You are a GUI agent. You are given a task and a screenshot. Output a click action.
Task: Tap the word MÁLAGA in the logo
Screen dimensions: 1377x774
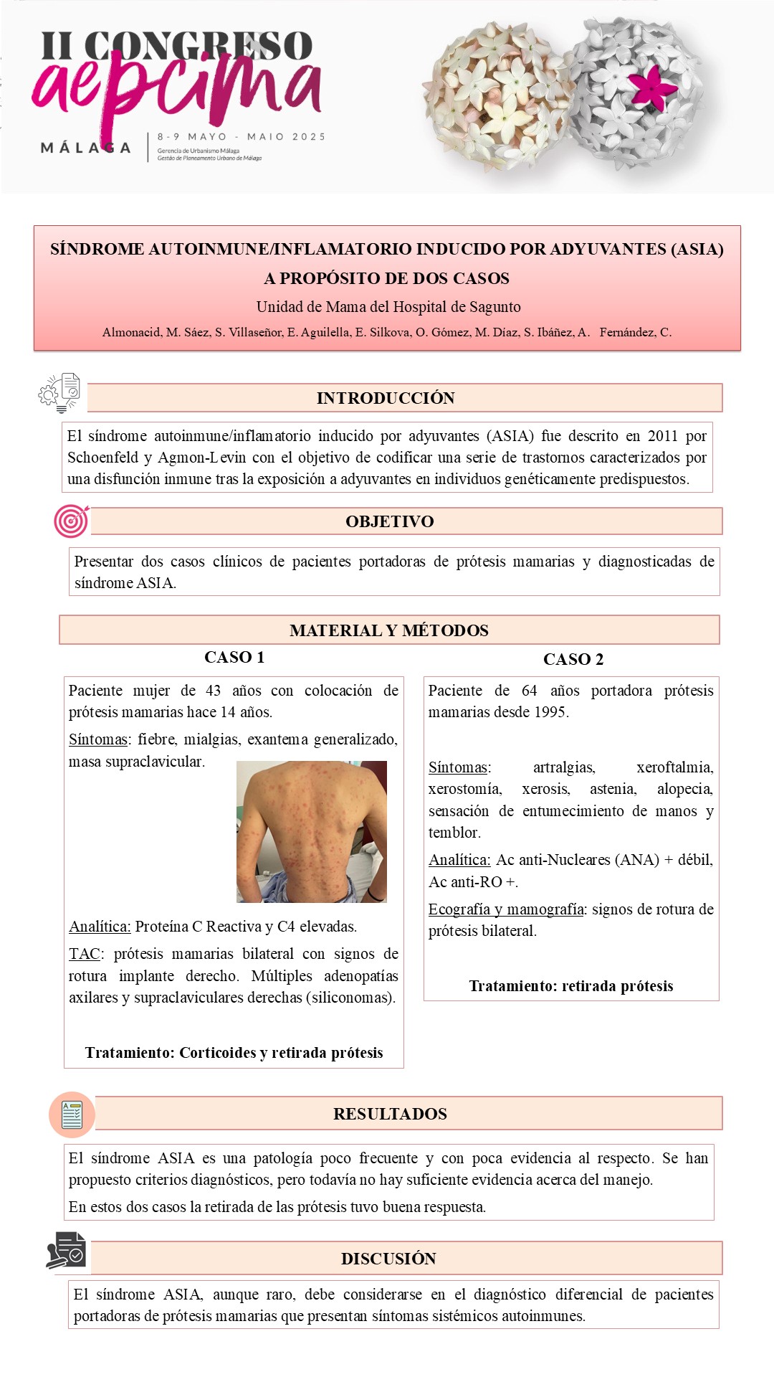[x=86, y=148]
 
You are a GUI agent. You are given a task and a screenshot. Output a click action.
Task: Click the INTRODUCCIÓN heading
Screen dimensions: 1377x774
[x=386, y=398]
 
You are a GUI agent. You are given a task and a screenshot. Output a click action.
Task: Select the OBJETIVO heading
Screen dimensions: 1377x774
[x=389, y=521]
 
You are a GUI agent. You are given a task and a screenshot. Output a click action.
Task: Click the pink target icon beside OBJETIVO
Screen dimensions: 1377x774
[x=71, y=521]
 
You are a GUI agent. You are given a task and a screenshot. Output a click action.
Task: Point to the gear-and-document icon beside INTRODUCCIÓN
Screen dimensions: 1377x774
[x=60, y=393]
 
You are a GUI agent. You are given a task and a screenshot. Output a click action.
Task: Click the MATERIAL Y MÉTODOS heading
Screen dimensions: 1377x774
[x=388, y=630]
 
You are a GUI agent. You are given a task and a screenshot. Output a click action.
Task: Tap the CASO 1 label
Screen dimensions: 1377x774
[x=234, y=657]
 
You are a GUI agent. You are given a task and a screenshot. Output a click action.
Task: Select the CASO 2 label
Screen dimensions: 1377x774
[x=573, y=659]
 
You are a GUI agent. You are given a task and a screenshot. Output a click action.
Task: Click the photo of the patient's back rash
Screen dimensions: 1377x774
[x=311, y=831]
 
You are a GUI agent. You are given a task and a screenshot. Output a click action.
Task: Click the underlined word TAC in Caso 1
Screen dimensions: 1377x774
[x=85, y=954]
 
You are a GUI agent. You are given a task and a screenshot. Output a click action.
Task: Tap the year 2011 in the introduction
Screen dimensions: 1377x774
[x=662, y=436]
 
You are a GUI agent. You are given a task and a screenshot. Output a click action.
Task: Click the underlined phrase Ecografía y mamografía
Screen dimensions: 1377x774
[x=506, y=909]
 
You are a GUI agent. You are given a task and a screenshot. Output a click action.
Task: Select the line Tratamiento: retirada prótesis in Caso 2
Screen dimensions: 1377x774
[x=571, y=986]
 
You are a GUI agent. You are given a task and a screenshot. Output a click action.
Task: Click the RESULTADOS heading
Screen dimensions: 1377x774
[x=390, y=1114]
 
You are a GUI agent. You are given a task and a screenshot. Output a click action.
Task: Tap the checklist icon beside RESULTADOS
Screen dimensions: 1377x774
[x=72, y=1115]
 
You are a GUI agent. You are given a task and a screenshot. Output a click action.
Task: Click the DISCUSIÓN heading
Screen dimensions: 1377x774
[x=388, y=1259]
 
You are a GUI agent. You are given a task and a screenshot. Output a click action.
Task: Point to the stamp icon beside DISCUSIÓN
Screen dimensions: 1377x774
[x=67, y=1251]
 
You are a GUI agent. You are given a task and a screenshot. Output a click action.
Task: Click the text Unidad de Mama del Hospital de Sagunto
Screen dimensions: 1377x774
[x=388, y=307]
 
